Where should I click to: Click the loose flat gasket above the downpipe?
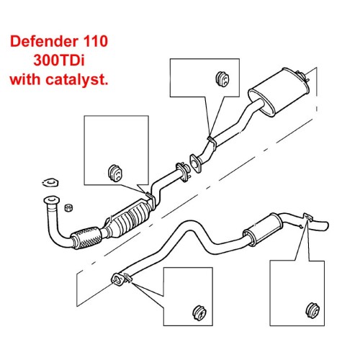point(50,182)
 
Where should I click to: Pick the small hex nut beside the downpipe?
point(68,207)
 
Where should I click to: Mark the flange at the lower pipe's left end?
point(120,279)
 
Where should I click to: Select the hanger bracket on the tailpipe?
point(306,217)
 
